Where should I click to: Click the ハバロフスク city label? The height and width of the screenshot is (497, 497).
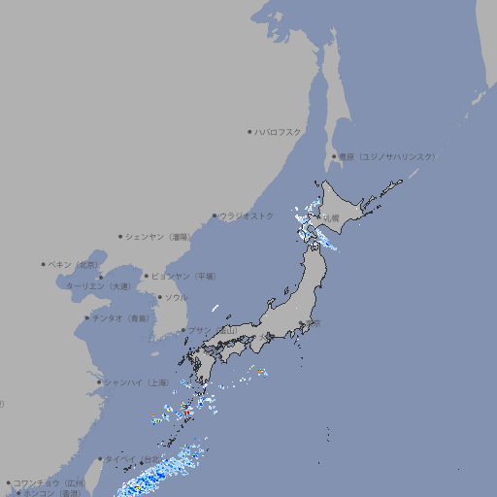(x=279, y=132)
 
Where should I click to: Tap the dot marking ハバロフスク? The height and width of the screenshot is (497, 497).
(x=249, y=132)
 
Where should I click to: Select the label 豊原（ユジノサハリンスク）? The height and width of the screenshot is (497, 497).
(x=386, y=156)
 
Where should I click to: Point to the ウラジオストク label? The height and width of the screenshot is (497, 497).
(x=247, y=215)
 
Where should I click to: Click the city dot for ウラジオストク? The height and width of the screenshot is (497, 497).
(x=215, y=216)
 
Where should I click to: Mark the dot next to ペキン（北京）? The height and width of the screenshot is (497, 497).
(x=44, y=264)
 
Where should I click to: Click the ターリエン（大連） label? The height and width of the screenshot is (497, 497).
(x=98, y=286)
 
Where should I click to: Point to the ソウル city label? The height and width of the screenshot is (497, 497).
(x=176, y=297)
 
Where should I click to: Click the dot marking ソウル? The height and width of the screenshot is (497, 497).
(x=159, y=298)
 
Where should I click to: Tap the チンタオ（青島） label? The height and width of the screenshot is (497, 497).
(x=121, y=317)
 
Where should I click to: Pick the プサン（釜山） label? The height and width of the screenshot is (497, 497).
(x=213, y=330)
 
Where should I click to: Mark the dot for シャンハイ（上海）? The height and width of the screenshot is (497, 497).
(x=99, y=382)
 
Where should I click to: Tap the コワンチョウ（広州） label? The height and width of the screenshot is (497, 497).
(x=50, y=482)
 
